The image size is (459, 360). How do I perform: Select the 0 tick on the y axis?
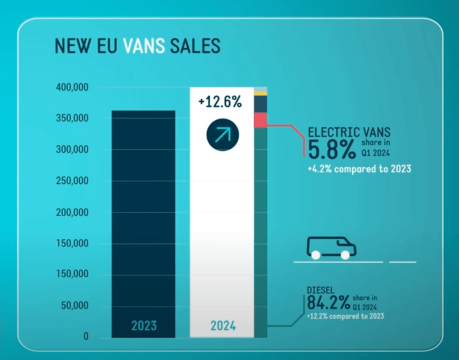85,337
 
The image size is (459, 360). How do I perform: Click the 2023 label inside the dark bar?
143,326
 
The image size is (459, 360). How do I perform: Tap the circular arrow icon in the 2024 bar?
222,136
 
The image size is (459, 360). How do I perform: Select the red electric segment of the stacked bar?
260,121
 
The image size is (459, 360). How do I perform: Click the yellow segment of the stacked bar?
260,94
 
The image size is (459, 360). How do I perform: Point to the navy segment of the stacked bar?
260,103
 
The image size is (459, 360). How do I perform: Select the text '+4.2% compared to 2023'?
359,169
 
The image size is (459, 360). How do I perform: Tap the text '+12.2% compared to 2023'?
345,316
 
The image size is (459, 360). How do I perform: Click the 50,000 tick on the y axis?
74,306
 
